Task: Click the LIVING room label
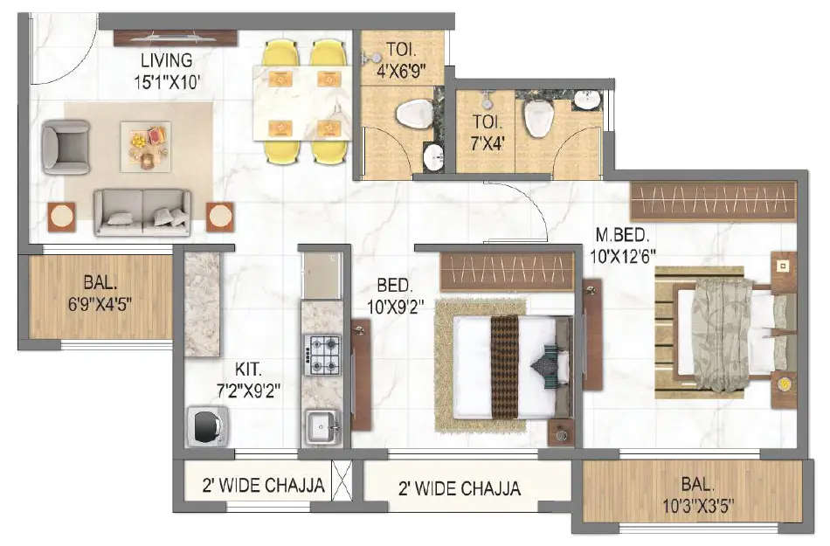(x=168, y=60)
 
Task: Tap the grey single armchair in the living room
(x=66, y=146)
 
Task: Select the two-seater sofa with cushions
(x=142, y=211)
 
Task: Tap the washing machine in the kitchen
(x=207, y=426)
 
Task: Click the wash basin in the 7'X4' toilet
(x=586, y=99)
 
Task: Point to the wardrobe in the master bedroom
(x=714, y=201)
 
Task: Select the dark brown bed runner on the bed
(x=504, y=366)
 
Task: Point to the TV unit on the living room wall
(x=176, y=38)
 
